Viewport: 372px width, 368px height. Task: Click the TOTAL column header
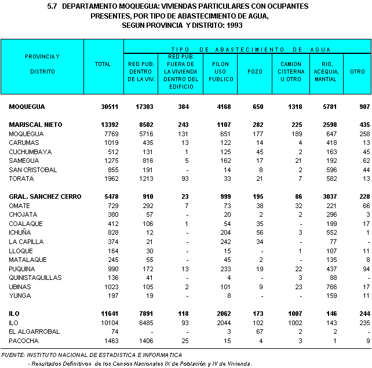[x=103, y=64]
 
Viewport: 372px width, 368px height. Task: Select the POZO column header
[x=254, y=71]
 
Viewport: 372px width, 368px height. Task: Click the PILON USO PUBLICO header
[x=220, y=71]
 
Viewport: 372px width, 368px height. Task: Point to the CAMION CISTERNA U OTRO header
[x=290, y=71]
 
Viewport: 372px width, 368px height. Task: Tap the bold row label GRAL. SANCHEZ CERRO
[x=43, y=197]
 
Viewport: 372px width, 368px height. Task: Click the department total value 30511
[x=110, y=107]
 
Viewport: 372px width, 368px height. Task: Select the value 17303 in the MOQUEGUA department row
[x=144, y=107]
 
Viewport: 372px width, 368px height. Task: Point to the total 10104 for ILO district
[x=110, y=322]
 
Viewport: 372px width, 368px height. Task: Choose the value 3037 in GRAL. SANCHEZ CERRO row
[x=327, y=197]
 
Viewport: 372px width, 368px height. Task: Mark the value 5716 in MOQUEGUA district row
[x=146, y=133]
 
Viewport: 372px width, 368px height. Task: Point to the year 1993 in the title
[x=232, y=25]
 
